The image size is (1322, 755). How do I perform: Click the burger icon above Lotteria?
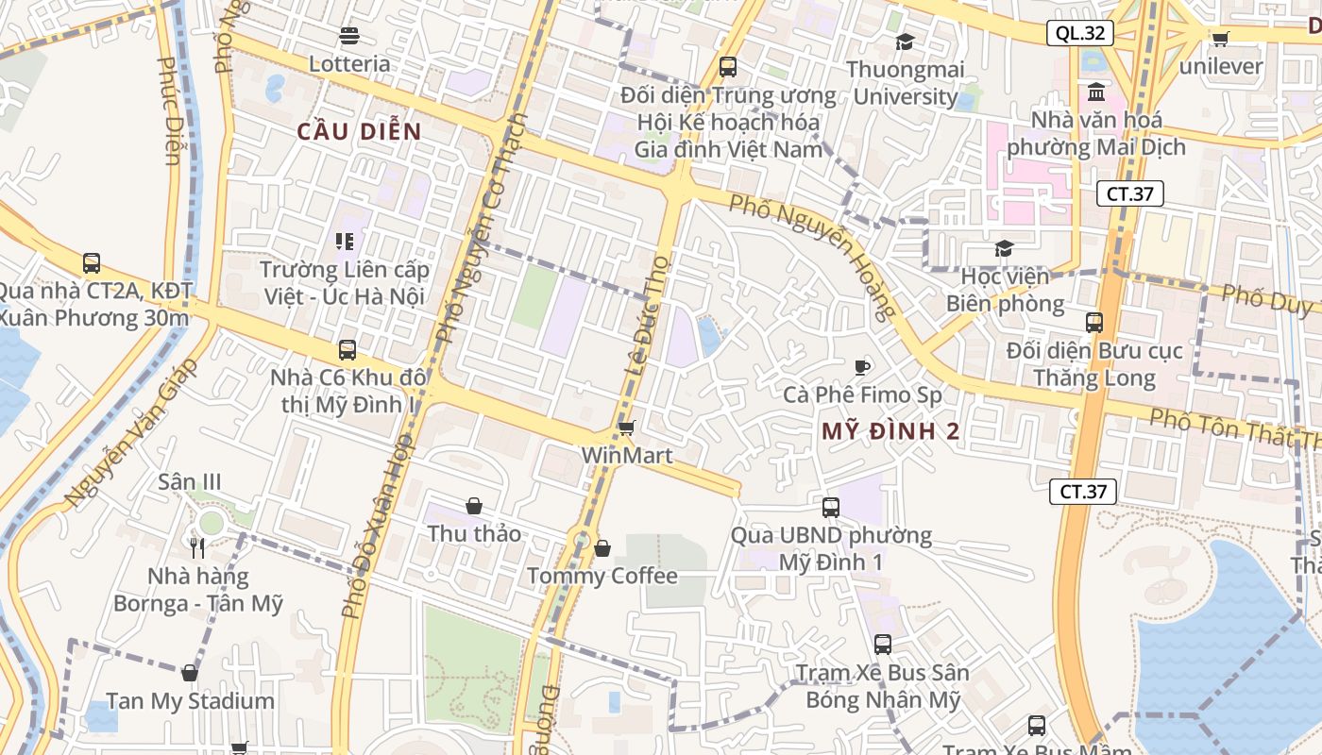tap(349, 37)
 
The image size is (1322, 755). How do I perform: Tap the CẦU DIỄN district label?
tap(359, 132)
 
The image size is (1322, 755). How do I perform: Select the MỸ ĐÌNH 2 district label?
tap(890, 432)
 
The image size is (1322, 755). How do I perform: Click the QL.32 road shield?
tap(1080, 34)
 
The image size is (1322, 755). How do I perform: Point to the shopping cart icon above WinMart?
tap(626, 428)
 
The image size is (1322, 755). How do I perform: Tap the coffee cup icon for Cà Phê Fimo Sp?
tap(861, 367)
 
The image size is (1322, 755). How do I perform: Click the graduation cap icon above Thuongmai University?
tap(905, 42)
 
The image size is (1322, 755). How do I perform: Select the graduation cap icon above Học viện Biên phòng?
tap(1004, 249)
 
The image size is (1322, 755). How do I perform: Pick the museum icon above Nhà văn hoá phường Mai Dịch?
tap(1097, 92)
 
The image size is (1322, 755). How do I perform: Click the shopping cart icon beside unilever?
tap(1220, 39)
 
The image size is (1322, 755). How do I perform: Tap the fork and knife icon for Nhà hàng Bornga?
tap(197, 548)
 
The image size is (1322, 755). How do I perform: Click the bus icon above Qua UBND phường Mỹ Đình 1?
tap(831, 508)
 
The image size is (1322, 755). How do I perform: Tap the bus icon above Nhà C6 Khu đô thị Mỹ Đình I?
tap(347, 350)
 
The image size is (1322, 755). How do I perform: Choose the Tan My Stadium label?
tap(190, 701)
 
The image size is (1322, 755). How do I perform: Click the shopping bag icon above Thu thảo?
tap(474, 507)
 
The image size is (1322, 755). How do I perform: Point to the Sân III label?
tap(190, 482)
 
